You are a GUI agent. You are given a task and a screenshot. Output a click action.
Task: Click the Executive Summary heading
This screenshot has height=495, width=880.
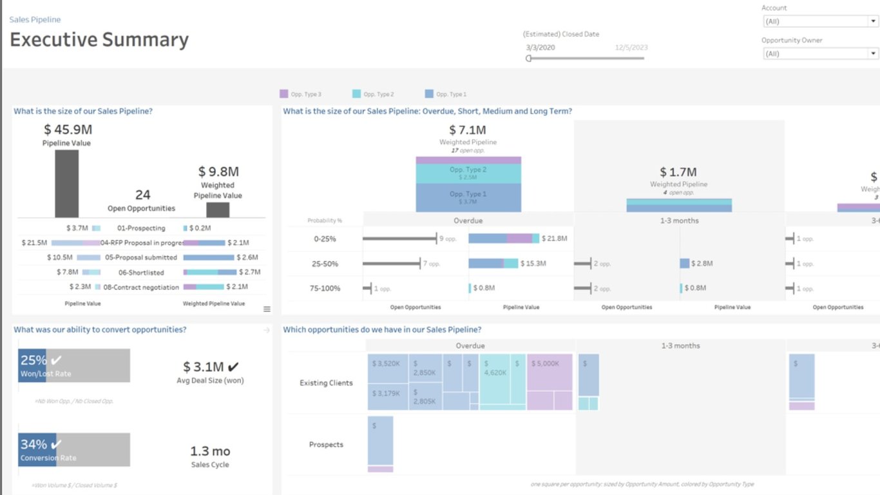(99, 40)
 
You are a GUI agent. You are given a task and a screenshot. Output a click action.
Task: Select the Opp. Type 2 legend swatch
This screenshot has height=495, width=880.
(357, 94)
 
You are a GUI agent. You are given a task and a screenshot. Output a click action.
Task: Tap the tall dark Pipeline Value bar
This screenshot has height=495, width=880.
(66, 184)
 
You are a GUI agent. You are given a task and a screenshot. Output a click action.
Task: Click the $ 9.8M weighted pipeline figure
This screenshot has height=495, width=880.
(218, 172)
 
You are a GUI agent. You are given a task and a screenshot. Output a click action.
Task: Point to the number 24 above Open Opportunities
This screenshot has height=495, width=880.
(142, 195)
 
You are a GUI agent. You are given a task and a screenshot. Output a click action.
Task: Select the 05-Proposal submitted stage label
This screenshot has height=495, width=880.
(141, 258)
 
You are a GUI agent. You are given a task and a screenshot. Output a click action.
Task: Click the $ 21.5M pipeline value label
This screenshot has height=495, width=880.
(34, 243)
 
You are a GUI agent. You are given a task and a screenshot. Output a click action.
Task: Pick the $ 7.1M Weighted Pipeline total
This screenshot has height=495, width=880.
(468, 131)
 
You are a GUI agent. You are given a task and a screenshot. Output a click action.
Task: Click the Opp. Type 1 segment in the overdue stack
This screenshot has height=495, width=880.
(468, 197)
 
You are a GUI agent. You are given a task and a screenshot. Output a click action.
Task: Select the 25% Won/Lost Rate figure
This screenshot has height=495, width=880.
(33, 361)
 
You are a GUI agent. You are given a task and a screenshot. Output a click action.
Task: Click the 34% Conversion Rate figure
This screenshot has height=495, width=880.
(33, 445)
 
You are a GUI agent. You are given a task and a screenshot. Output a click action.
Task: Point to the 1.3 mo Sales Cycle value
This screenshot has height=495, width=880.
(210, 451)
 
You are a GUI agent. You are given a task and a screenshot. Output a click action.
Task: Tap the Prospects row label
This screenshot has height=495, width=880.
(326, 445)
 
